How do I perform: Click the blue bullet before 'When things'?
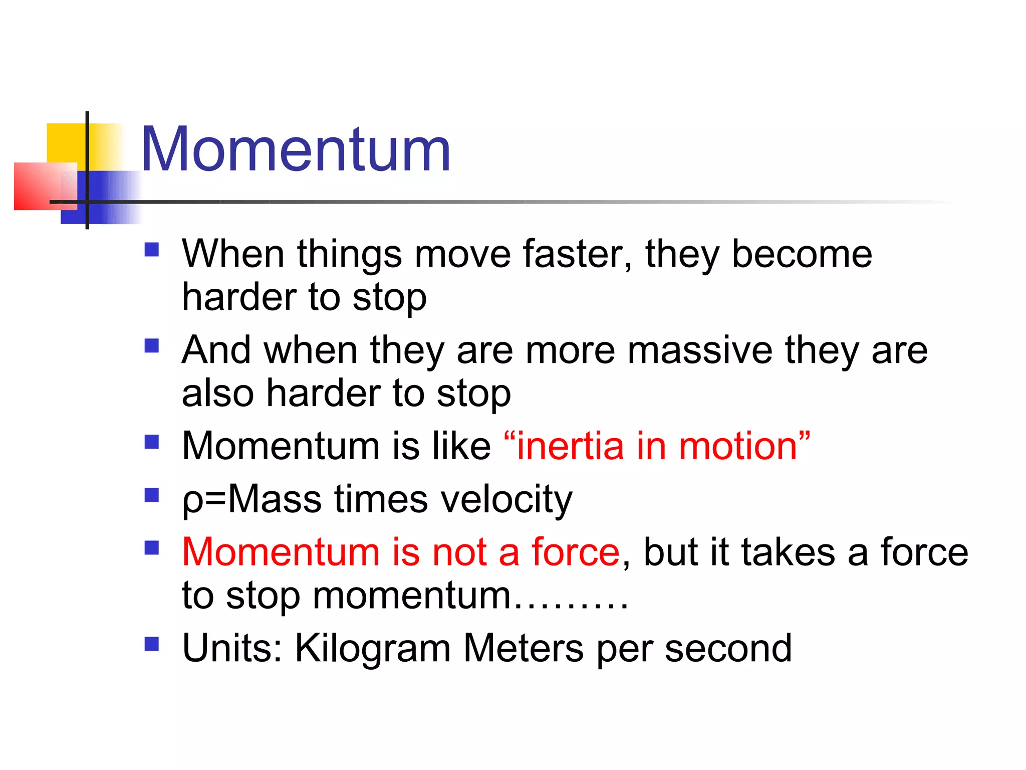click(x=151, y=250)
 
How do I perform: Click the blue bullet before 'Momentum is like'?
click(x=151, y=442)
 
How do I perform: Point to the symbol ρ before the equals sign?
click(x=192, y=501)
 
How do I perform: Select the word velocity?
click(x=506, y=500)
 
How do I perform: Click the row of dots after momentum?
click(x=571, y=607)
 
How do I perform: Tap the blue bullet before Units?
click(x=151, y=644)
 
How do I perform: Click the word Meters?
click(x=524, y=648)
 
